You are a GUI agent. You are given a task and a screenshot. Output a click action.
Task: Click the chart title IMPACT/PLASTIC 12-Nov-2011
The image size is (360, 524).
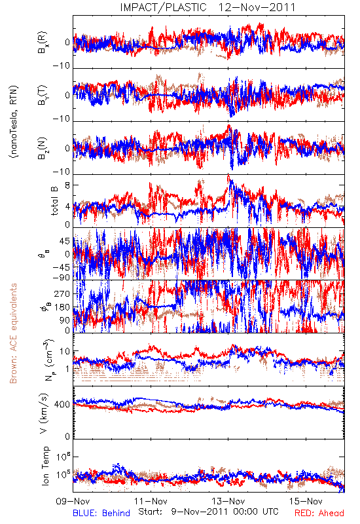[207, 7]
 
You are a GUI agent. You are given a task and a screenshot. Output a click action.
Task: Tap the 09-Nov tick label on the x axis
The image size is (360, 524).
[73, 501]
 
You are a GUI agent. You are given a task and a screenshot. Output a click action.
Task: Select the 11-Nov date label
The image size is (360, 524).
[151, 501]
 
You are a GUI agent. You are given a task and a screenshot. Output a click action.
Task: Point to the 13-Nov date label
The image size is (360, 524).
[228, 501]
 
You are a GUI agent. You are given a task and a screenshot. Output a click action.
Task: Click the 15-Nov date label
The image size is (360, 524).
[306, 501]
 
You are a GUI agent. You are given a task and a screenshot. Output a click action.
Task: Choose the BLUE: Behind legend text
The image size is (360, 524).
[101, 513]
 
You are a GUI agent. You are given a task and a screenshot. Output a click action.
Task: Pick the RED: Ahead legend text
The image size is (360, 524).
[319, 513]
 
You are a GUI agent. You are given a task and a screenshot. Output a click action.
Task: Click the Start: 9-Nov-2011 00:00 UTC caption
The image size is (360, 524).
[208, 512]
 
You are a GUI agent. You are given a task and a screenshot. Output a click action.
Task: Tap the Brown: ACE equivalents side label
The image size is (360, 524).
[13, 333]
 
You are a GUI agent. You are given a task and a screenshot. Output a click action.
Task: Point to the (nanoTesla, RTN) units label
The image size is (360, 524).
[14, 122]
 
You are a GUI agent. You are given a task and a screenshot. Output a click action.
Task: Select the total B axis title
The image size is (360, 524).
[54, 201]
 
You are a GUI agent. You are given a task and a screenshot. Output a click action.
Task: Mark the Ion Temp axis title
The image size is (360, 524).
[45, 466]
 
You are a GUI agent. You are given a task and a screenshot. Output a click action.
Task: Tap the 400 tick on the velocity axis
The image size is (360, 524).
[62, 404]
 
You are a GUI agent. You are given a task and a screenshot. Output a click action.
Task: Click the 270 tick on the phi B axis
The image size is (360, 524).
[62, 293]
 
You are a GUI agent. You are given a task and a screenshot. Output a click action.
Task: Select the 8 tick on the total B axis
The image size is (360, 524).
[67, 185]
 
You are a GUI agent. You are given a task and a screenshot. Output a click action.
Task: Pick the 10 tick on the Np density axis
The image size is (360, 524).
[65, 352]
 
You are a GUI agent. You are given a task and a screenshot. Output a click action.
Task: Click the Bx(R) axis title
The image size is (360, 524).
[43, 43]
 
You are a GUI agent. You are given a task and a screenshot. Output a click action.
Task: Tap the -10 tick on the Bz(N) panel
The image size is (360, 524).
[61, 172]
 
